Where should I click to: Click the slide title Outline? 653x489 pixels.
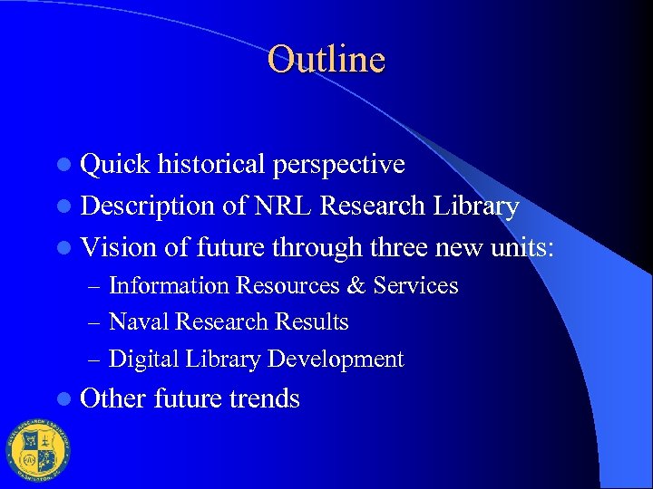pos(326,60)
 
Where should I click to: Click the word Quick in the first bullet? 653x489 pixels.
pos(115,165)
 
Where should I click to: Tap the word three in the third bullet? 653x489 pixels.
pos(399,247)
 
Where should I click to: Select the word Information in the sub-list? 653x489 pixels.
pos(169,286)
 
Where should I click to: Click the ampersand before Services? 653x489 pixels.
pos(356,286)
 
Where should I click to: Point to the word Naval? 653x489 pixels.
pos(139,322)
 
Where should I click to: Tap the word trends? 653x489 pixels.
pos(264,399)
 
